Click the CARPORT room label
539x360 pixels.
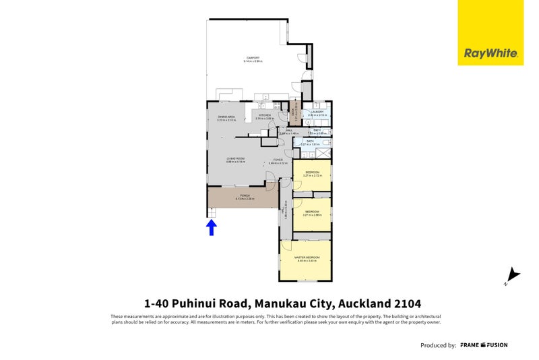click(x=253, y=57)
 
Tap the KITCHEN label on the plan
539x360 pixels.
click(x=264, y=115)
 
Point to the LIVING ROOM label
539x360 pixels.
click(x=235, y=159)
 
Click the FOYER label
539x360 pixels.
click(x=278, y=160)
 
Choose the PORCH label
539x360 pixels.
click(x=244, y=196)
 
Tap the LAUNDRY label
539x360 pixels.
click(x=317, y=113)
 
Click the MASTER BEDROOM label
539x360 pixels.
click(x=307, y=258)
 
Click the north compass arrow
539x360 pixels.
click(x=513, y=275)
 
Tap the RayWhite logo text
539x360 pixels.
click(x=490, y=53)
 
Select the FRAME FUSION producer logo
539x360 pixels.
click(x=484, y=345)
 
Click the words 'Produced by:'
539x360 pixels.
click(x=438, y=345)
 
